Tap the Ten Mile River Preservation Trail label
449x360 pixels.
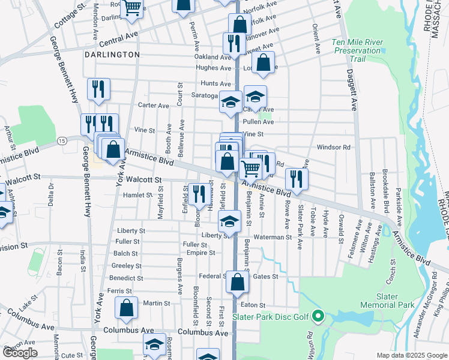(x=357, y=50)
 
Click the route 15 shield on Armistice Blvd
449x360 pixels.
(x=62, y=140)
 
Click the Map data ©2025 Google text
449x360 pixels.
(x=412, y=355)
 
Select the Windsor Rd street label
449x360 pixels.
(x=333, y=147)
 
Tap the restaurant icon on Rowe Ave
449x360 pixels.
(x=297, y=178)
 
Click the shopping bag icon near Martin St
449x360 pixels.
(x=127, y=308)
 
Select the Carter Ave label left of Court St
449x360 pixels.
(x=154, y=105)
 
